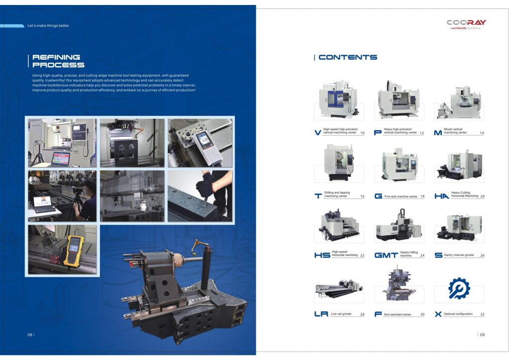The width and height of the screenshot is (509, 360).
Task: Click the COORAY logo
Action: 466,24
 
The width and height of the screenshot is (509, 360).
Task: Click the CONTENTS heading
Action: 347,58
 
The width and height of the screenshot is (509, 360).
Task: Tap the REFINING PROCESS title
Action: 59,61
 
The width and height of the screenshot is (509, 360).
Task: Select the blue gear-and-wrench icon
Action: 459,288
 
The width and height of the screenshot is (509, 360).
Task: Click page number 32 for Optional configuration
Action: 482,314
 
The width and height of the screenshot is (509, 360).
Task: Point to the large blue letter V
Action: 318,132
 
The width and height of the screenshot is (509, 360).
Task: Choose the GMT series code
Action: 386,255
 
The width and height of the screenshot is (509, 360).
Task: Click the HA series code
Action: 441,196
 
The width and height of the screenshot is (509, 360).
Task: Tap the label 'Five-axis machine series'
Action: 401,196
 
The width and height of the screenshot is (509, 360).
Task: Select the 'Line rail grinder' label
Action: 341,314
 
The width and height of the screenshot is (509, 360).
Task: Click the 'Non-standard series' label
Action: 397,315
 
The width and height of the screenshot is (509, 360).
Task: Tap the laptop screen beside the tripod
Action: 61,159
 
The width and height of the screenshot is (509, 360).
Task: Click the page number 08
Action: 30,335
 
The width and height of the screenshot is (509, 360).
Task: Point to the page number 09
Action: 482,335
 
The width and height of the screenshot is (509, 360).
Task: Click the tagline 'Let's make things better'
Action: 48,26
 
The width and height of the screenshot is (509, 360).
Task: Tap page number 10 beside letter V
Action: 362,133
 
